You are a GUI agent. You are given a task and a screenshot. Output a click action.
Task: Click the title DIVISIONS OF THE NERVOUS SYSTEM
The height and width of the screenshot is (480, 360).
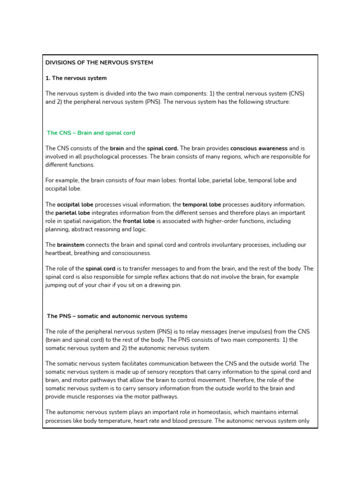pos(99,62)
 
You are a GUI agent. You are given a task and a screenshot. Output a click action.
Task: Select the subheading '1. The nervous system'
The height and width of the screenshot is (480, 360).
pos(76,78)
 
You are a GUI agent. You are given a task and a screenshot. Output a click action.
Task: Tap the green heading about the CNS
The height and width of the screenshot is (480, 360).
pos(91,133)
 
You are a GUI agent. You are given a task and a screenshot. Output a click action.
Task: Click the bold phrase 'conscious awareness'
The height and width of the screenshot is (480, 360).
pos(259,148)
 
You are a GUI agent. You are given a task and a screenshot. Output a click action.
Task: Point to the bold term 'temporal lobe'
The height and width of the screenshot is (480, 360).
pos(202,204)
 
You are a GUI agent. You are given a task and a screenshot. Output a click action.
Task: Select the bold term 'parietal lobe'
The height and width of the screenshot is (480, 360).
pos(73,212)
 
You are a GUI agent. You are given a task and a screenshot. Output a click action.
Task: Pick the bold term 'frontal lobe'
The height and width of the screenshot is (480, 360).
pos(140,221)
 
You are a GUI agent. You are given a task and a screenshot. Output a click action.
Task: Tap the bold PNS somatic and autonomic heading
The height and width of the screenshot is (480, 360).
pos(117,316)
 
